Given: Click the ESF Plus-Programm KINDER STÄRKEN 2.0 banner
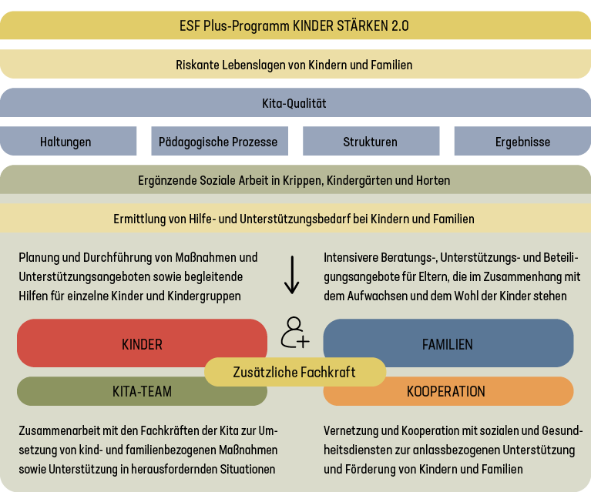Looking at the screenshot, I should click(295, 25).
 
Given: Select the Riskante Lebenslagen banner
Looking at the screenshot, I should click(295, 65).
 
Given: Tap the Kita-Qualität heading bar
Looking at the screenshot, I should click(295, 102).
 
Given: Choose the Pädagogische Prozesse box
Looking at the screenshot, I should click(218, 142).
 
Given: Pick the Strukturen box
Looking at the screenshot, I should click(370, 142).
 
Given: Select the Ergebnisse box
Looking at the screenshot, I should click(522, 142).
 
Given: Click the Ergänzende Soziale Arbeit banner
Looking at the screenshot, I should click(295, 180).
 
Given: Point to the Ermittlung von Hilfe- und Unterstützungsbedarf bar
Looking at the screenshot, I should click(295, 219).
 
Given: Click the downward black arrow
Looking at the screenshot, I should click(291, 276).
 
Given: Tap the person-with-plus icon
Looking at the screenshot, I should click(294, 332).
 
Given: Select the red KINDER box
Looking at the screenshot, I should click(142, 343).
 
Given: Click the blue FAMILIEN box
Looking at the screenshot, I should click(448, 343).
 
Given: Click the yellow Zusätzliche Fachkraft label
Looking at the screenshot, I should click(294, 372).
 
